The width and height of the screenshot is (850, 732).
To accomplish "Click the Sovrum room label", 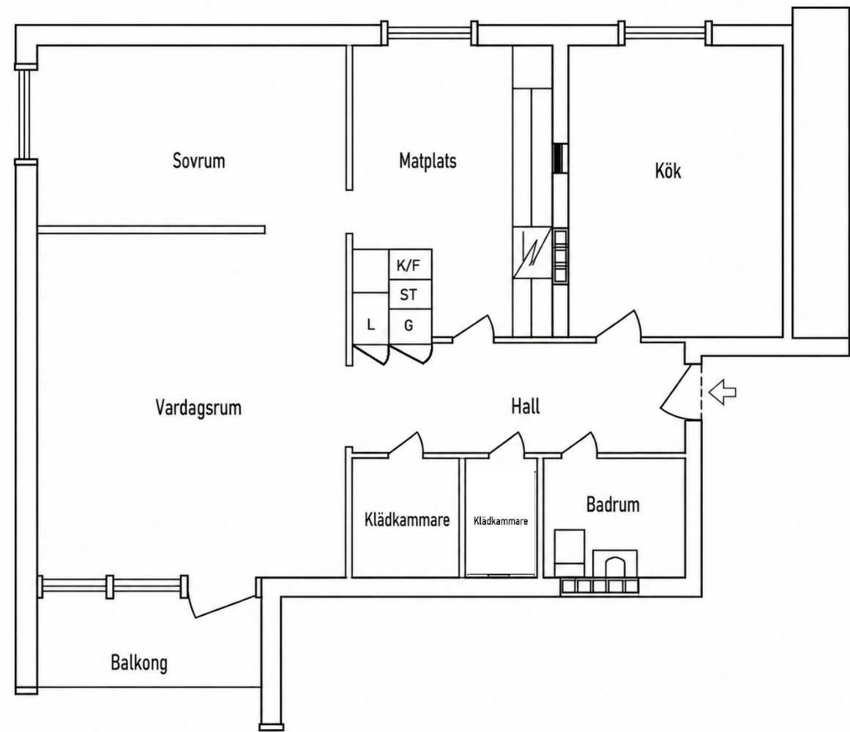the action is tap(198, 160).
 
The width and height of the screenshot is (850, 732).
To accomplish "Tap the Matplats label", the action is tap(428, 160).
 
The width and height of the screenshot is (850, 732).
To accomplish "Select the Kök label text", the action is tap(668, 171).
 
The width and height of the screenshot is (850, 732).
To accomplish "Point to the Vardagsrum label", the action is tap(198, 407).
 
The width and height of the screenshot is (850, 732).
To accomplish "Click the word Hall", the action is tap(525, 406).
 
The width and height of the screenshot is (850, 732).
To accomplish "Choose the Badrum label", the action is tap(613, 504).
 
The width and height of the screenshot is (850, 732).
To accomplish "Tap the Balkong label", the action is tap(139, 663).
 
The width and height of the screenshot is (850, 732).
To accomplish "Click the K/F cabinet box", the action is tap(411, 265).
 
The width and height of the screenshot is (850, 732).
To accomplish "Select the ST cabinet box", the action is tap(411, 295).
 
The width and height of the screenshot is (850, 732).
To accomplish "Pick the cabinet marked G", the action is tap(411, 326).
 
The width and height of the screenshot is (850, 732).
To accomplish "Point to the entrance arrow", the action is tap(723, 391).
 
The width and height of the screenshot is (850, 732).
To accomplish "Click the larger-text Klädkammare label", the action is tap(407, 520).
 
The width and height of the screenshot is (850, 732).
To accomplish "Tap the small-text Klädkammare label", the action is tap(500, 521).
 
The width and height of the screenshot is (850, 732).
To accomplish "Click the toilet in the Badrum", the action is tap(615, 563).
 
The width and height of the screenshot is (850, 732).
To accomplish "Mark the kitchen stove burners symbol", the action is tap(561, 256).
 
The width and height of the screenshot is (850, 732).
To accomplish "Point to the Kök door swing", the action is tap(619, 325).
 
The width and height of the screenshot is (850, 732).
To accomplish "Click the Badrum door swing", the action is tap(580, 443).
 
